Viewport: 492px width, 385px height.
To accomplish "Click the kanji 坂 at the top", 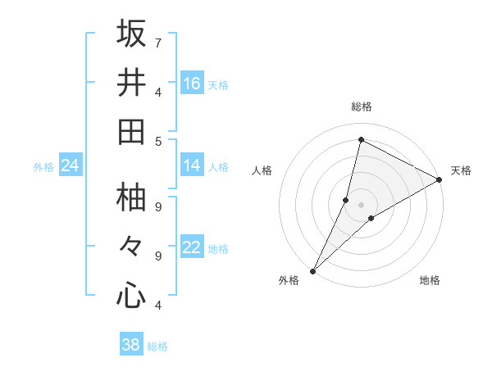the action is pos(131,34).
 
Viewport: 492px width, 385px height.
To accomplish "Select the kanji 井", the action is pos(131,83).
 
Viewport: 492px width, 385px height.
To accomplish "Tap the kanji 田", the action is pos(131,132).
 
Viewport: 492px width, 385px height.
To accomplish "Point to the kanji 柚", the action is pos(131,197).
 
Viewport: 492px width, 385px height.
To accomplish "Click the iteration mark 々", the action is pos(131,247).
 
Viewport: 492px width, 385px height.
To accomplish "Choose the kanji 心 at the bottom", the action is pos(131,296).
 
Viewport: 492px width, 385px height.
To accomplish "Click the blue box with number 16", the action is pos(192,83).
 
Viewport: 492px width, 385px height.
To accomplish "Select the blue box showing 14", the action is pos(192,166).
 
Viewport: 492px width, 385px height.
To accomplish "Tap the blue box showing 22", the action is pos(192,248).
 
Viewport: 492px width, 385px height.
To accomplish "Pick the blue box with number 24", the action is pos(70,166).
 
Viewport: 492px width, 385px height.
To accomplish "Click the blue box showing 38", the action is pos(131,345).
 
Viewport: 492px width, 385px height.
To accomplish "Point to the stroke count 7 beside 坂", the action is pos(158,43).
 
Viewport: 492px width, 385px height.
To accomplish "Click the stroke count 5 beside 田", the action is pos(158,141).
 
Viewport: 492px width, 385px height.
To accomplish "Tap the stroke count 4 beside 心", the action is pos(158,305).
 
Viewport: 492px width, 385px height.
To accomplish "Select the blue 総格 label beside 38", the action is pos(157,346).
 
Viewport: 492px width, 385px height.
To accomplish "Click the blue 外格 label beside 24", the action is pos(43,167).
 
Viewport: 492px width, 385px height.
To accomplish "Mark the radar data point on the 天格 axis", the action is pos(440,179).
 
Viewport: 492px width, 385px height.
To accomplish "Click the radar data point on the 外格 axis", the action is pos(312,270).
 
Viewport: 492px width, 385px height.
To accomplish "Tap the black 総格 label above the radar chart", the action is pos(362,106).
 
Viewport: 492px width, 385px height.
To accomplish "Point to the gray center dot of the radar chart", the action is pos(362,204).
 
